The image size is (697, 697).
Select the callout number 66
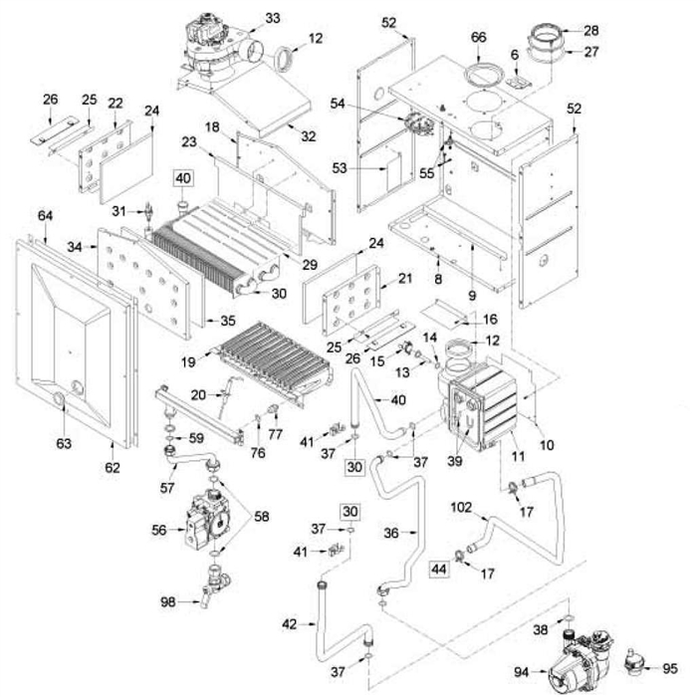[478, 38]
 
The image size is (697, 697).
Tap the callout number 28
[591, 30]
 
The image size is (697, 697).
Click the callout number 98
[167, 602]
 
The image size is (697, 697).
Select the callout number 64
[45, 216]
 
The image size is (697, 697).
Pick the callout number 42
[290, 624]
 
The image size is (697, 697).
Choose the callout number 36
[390, 533]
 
